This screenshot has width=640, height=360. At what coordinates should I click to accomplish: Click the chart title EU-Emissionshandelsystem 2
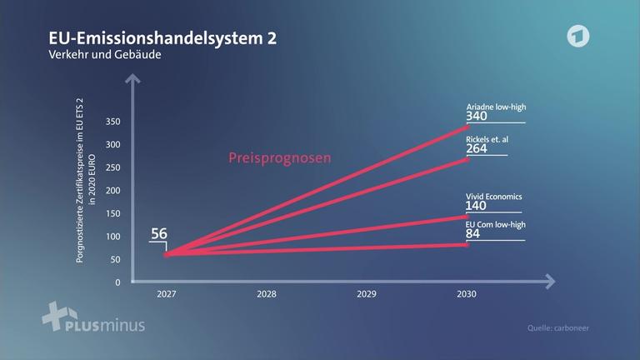[162, 39]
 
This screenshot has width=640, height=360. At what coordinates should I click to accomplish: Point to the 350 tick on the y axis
[113, 122]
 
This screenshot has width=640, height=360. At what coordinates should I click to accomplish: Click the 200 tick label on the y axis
[113, 191]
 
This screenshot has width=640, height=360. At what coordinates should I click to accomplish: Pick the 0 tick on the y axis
[117, 282]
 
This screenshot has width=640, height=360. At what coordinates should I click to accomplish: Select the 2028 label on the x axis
[267, 294]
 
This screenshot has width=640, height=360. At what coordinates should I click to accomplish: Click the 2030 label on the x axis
[466, 294]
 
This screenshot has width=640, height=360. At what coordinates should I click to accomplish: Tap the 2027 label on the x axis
[167, 294]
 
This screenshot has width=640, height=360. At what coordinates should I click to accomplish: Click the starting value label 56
[159, 233]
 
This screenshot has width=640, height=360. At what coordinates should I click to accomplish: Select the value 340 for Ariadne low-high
[477, 116]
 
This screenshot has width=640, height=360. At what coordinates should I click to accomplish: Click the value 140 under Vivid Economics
[477, 206]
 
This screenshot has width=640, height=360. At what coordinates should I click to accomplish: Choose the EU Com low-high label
[495, 224]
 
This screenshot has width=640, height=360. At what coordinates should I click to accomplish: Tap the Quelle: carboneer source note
[558, 328]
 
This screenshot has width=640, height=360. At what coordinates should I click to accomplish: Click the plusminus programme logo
[92, 317]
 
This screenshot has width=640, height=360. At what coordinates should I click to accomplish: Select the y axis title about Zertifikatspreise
[86, 191]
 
